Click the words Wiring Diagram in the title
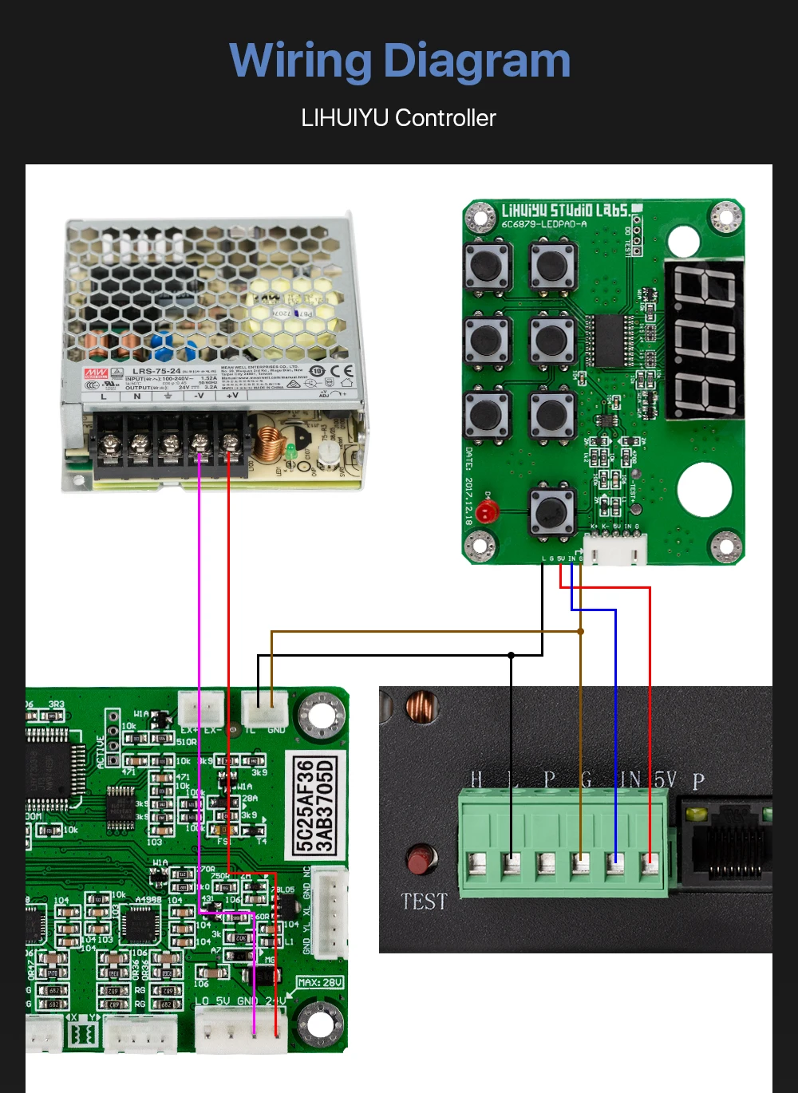coord(400,61)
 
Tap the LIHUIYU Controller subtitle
coord(398,118)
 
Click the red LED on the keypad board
coord(488,511)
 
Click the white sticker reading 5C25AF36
coord(315,806)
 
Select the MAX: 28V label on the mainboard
coord(320,982)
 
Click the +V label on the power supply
coord(232,396)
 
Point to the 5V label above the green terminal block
coord(665,779)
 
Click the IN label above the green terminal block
coord(630,779)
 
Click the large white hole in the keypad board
coord(705,489)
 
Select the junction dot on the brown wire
coord(581,631)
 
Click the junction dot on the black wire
coord(511,655)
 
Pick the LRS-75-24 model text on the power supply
coord(156,371)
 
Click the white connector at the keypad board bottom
coord(616,548)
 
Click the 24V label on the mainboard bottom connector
coord(275,1000)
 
